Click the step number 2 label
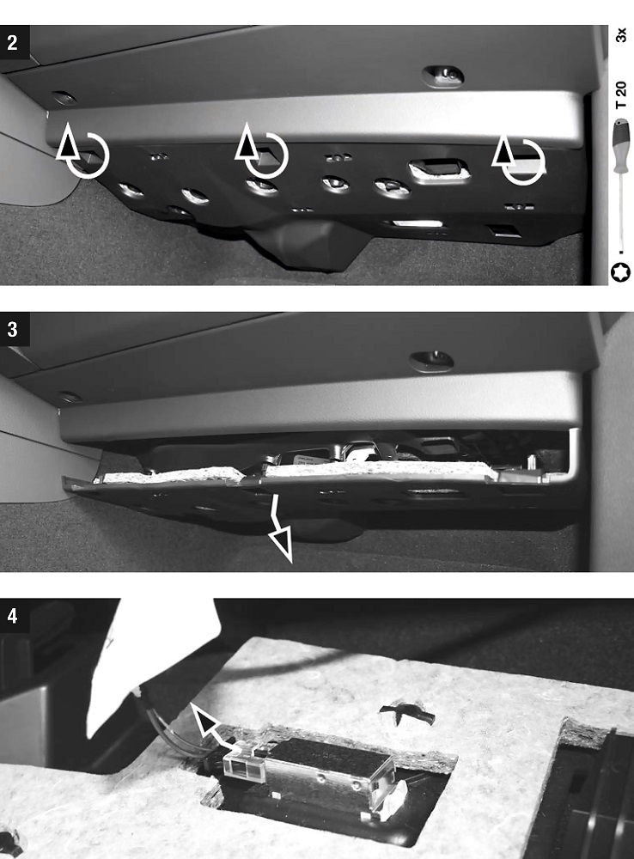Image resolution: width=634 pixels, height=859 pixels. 12,43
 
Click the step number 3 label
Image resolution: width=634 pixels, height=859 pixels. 12,330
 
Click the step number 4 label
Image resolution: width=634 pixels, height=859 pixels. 12,616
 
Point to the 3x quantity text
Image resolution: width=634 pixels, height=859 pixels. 621,34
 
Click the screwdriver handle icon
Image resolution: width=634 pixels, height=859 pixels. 621,145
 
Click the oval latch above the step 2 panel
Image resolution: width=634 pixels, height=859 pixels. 442,76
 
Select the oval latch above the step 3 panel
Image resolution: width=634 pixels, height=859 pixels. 432,361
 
